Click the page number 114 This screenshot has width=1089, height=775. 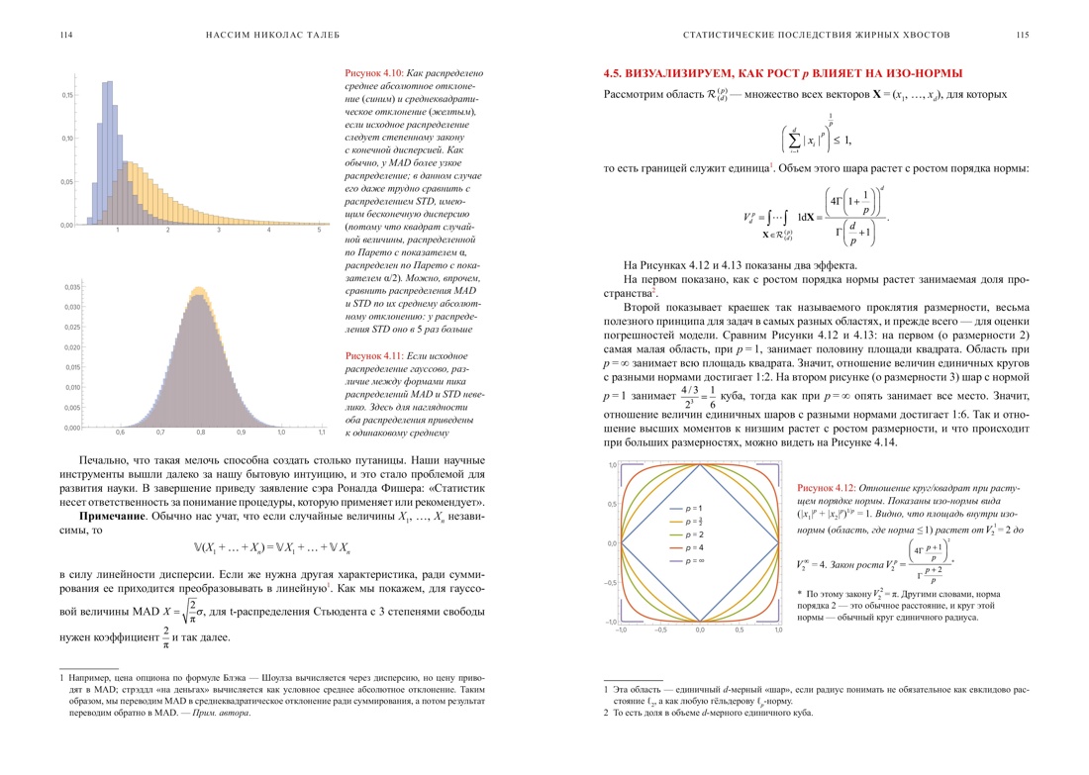click(x=65, y=35)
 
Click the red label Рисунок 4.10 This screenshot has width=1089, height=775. click(x=372, y=73)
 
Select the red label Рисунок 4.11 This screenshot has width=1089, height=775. click(x=372, y=355)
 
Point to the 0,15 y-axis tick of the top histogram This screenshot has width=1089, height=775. click(x=67, y=95)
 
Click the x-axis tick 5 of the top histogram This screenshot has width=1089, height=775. click(x=320, y=231)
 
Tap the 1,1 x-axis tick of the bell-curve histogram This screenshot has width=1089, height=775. click(x=322, y=434)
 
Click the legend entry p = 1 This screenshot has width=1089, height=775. click(x=692, y=508)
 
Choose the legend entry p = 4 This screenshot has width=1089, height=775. click(x=692, y=547)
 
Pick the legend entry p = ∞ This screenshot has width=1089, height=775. click(x=693, y=561)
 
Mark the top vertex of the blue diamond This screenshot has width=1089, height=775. click(x=700, y=465)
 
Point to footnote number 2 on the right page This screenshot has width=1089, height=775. click(x=606, y=712)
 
